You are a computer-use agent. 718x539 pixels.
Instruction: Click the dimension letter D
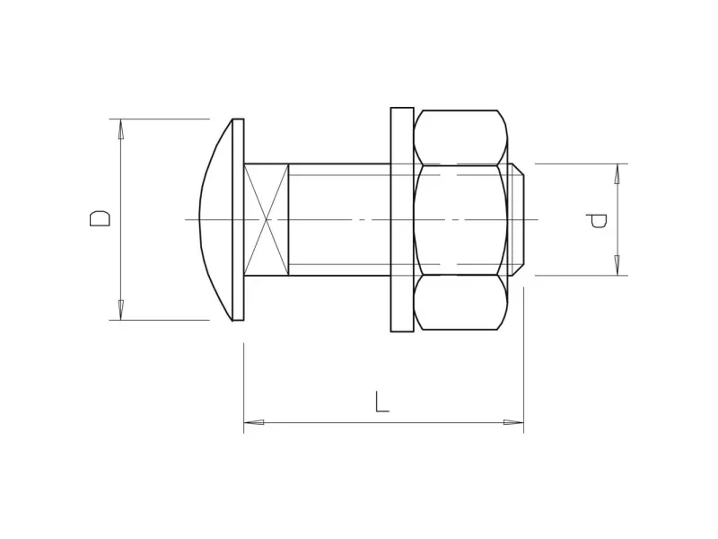(100, 218)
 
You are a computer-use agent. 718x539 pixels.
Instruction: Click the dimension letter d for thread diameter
(597, 220)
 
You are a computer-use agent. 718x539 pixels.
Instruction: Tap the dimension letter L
(381, 402)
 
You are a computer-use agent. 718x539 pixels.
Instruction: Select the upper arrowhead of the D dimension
(121, 128)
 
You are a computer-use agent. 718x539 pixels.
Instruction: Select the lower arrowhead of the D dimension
(121, 310)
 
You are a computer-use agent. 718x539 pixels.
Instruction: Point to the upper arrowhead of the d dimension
(617, 173)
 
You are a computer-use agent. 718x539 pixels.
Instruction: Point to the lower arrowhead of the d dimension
(617, 265)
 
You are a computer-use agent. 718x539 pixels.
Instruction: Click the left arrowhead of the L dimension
(254, 422)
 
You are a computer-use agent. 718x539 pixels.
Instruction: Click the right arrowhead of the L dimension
(513, 422)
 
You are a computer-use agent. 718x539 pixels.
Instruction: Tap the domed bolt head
(216, 219)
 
